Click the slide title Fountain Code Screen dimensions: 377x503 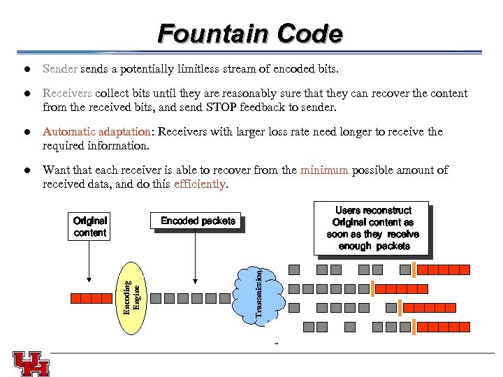coord(250,33)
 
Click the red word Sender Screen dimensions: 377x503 coord(61,69)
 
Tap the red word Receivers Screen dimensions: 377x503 coord(67,94)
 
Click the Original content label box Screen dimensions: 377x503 coord(90,227)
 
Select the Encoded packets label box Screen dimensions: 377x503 coord(198,221)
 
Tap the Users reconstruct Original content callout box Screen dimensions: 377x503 coord(373,228)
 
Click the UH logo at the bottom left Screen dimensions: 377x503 coord(31,363)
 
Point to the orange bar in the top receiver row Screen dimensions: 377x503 coord(414,269)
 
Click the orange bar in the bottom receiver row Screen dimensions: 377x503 coord(414,326)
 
